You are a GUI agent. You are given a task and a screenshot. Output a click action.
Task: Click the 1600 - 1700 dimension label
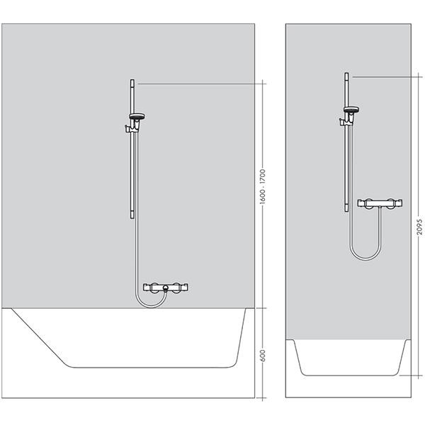click(x=262, y=186)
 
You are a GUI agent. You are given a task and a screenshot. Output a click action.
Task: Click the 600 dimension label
click(x=262, y=355)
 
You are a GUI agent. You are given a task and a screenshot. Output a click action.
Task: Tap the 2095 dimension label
click(x=419, y=227)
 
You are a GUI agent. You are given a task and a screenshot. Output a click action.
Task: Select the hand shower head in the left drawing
click(x=137, y=117)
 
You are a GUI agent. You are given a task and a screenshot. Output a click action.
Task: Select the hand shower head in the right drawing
click(x=351, y=110)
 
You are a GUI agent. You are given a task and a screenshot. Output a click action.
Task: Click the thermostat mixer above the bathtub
click(x=166, y=288)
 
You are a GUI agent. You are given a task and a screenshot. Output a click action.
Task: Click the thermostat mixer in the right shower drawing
click(x=380, y=203)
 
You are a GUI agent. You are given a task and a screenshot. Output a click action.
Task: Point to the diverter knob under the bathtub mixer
click(x=166, y=288)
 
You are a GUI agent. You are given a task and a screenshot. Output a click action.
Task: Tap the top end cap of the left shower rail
click(x=132, y=81)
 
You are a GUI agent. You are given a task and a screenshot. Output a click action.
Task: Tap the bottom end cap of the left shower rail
click(x=132, y=216)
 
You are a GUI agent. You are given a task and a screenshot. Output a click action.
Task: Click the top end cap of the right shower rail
click(x=346, y=75)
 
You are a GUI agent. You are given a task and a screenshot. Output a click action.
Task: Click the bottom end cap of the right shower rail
click(x=346, y=209)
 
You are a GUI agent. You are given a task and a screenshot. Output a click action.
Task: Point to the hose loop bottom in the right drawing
click(x=365, y=259)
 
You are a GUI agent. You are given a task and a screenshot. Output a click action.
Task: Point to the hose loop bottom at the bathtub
click(x=151, y=307)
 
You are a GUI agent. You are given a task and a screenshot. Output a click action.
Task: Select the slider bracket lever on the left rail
click(x=127, y=129)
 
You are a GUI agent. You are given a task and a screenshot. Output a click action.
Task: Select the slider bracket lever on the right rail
click(x=342, y=122)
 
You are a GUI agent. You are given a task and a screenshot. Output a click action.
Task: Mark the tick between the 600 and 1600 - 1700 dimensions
click(x=261, y=308)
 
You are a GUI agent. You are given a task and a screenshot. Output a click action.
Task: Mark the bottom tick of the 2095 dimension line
click(x=411, y=375)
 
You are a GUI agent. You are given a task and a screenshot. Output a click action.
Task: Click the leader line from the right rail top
click(x=387, y=77)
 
